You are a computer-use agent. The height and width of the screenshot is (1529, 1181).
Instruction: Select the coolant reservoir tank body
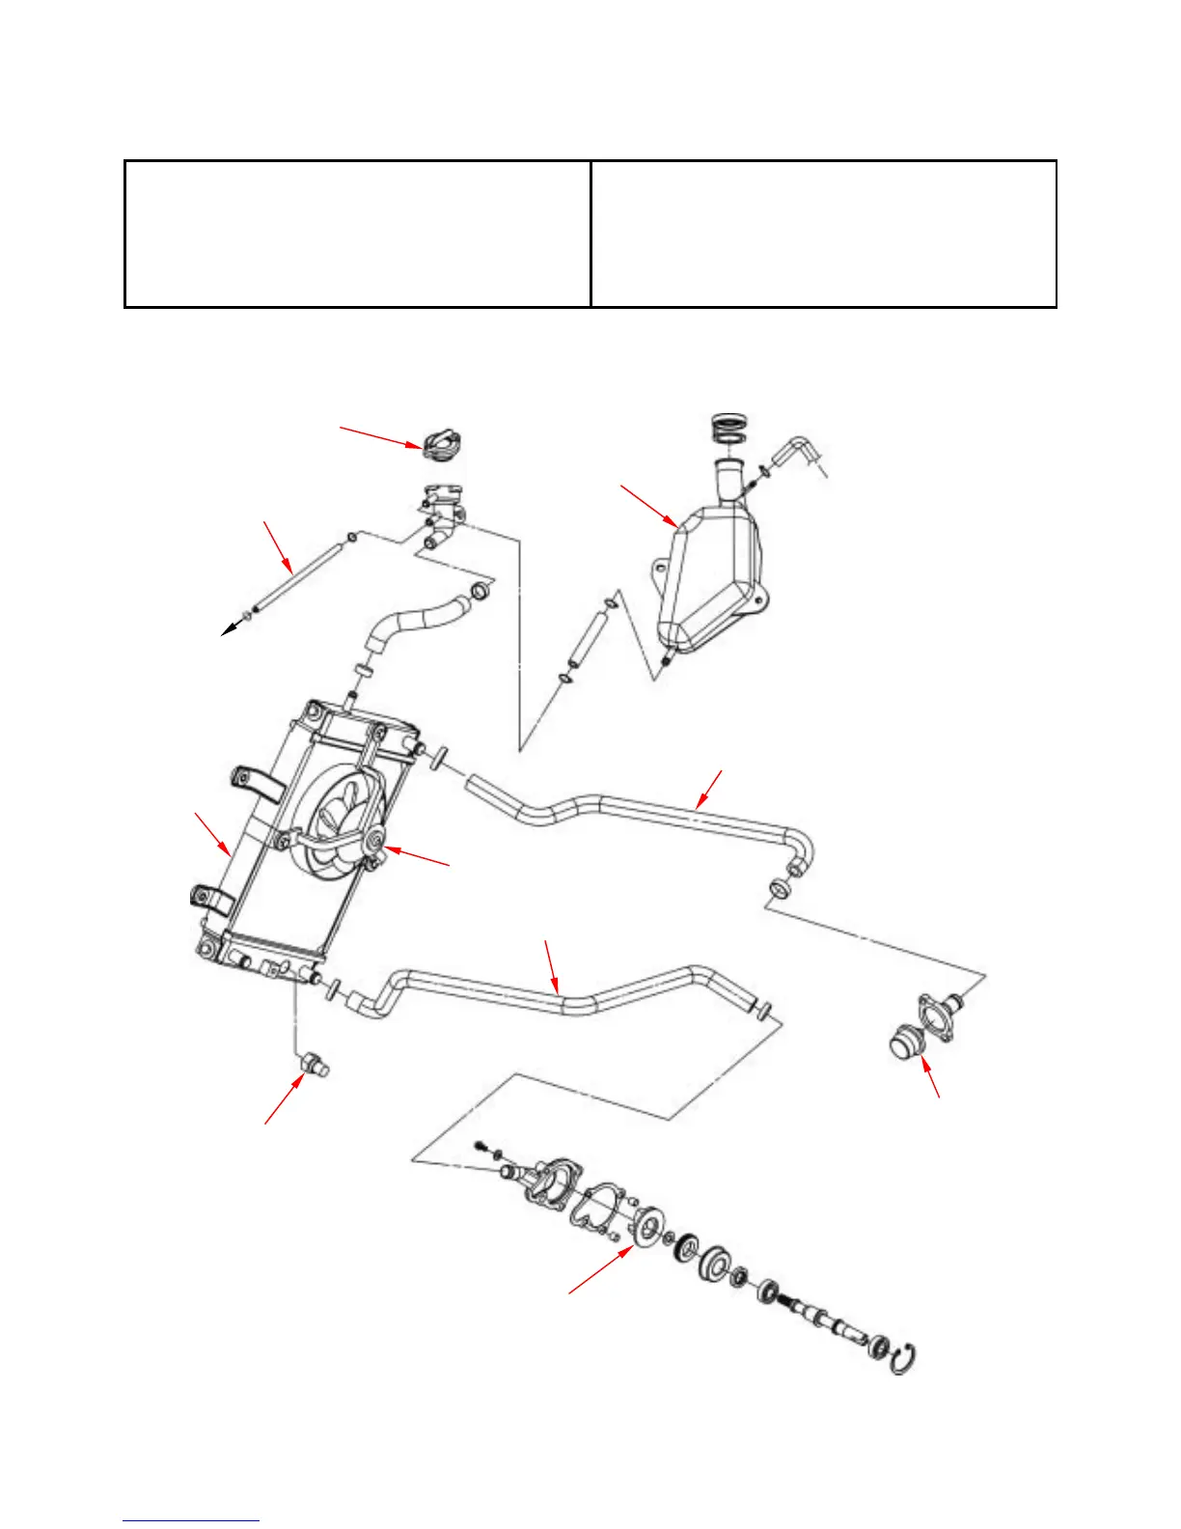[x=714, y=579]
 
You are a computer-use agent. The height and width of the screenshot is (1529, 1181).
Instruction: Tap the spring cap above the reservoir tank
[x=727, y=428]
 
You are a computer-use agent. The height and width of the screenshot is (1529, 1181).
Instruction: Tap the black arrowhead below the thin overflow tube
[x=229, y=629]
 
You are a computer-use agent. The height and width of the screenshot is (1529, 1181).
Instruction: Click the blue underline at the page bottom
[x=191, y=1521]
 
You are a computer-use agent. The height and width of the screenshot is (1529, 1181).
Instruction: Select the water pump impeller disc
[x=645, y=1231]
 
